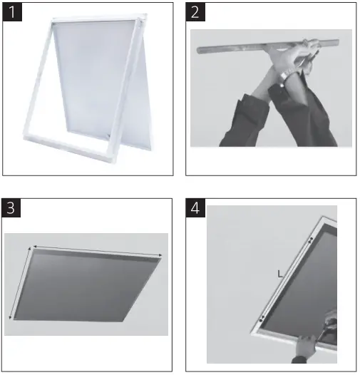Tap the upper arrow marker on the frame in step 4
point(309,240)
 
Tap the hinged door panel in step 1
point(100,78)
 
